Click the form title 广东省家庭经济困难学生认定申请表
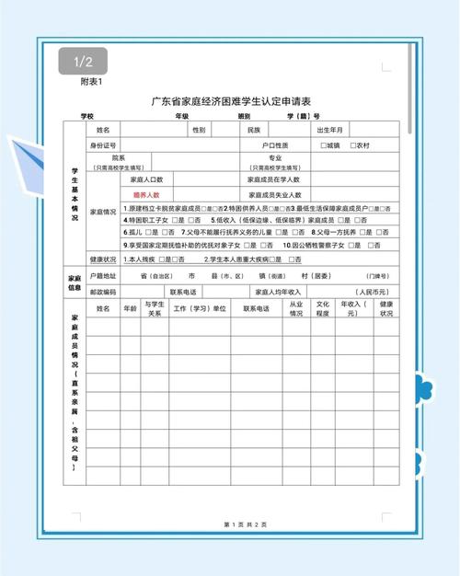click(231, 102)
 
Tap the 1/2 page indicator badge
click(82, 63)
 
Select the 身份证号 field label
click(102, 145)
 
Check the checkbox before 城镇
click(324, 145)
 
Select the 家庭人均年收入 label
click(278, 291)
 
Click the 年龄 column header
click(131, 308)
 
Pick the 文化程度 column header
click(323, 308)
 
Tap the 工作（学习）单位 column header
click(200, 308)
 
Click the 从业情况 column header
click(295, 308)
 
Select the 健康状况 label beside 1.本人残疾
click(102, 259)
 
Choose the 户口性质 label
click(275, 145)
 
